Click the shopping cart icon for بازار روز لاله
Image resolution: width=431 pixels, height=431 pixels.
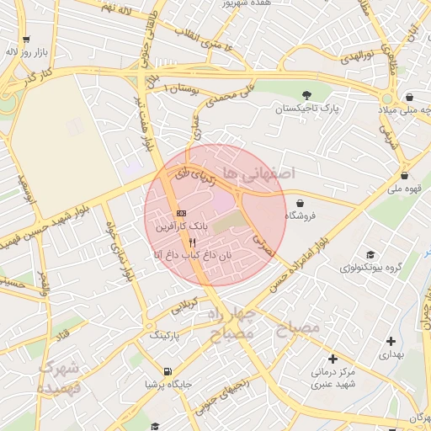(x=28, y=39)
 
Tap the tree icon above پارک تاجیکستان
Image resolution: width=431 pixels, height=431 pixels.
(x=305, y=94)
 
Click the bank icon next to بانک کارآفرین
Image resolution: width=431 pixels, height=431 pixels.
(x=182, y=213)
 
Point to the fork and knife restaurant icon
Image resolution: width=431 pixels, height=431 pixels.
(x=193, y=241)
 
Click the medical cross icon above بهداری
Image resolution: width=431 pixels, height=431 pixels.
(x=391, y=341)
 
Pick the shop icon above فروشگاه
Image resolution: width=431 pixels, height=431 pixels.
(x=301, y=202)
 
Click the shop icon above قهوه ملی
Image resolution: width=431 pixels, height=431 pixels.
(x=407, y=176)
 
